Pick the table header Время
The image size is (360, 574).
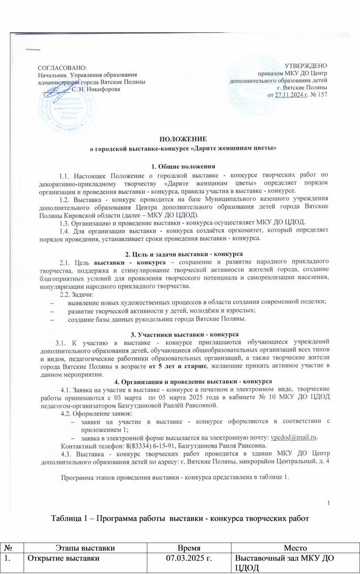pyautogui.click(x=192, y=547)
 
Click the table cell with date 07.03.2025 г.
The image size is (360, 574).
pyautogui.click(x=192, y=558)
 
